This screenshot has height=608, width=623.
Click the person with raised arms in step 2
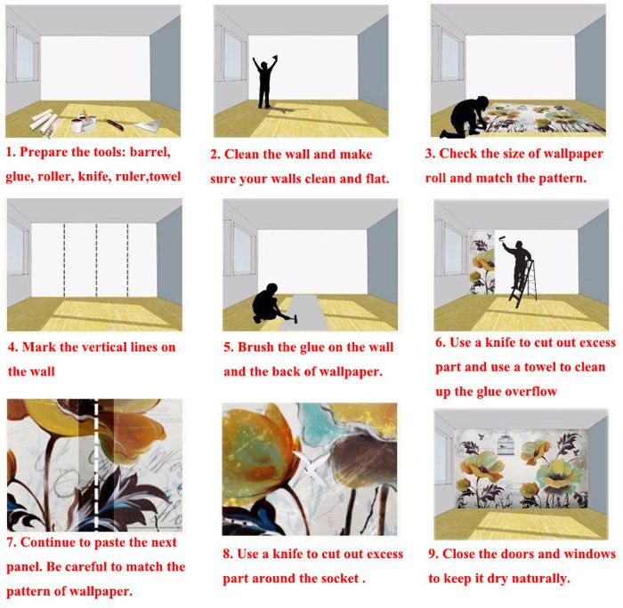(263, 83)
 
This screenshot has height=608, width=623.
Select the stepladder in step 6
(524, 284)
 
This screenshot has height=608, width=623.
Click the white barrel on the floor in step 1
(77, 124)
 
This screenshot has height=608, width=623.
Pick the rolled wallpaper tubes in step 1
(44, 121)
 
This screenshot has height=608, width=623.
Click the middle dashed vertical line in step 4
(96, 260)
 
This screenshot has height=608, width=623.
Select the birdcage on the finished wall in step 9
(505, 444)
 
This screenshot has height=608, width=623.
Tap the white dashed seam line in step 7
(96, 465)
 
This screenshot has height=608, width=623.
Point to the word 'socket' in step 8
(340, 579)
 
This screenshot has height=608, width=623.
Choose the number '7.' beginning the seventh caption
(12, 542)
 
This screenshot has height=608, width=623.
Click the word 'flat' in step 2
(377, 179)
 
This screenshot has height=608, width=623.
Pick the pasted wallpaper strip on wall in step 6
(482, 262)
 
